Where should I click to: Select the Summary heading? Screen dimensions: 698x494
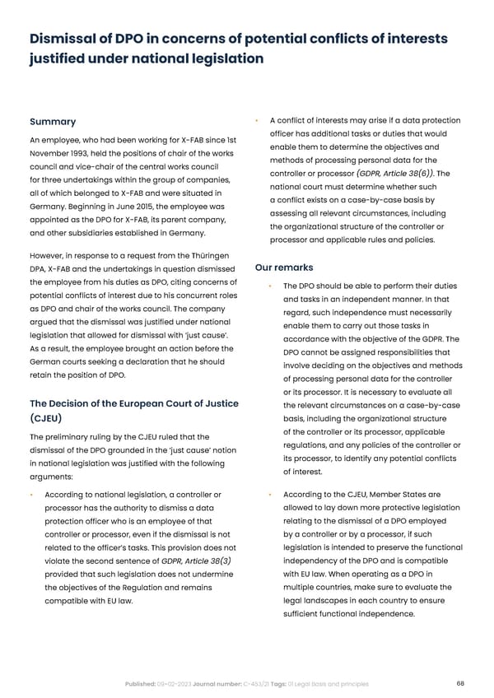(53, 123)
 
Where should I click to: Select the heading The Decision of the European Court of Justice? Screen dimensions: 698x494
(134, 403)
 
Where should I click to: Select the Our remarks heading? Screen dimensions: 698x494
(283, 268)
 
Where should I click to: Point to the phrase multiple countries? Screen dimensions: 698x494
(322, 587)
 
